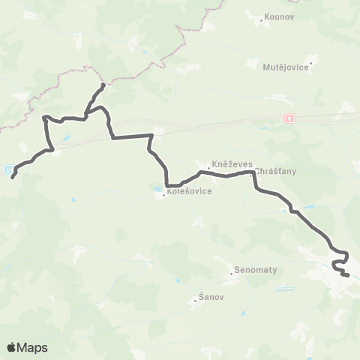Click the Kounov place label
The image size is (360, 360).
[275, 19]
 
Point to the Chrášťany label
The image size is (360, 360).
[276, 171]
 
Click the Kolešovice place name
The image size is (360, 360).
[189, 191]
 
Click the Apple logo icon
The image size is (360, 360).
[12, 347]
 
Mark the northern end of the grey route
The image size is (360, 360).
[103, 85]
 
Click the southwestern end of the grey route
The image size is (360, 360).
[13, 178]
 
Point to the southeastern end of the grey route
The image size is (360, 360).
[349, 276]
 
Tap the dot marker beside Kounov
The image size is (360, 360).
[260, 20]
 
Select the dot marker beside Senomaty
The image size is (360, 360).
[232, 273]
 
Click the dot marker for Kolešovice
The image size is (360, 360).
[163, 195]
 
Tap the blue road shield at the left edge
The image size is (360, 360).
[7, 169]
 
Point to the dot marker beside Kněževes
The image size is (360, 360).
[208, 168]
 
